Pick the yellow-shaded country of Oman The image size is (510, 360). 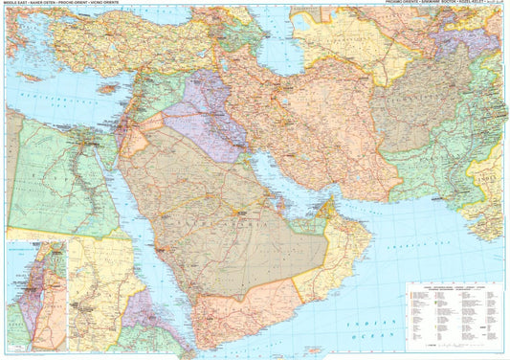click(x=340, y=244)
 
